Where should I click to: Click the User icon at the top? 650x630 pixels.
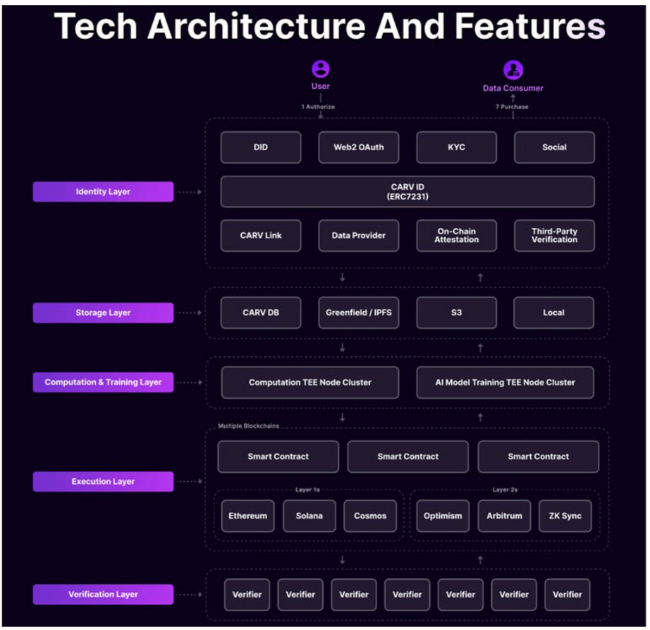click(x=321, y=69)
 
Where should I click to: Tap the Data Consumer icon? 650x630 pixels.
click(x=513, y=70)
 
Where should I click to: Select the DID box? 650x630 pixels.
click(x=261, y=147)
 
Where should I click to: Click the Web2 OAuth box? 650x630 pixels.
click(x=359, y=147)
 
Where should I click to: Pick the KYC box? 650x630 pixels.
click(x=456, y=147)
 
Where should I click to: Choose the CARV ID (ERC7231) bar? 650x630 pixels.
click(x=407, y=192)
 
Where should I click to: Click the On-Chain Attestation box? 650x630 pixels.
click(x=456, y=236)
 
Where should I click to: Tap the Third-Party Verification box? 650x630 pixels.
click(x=554, y=236)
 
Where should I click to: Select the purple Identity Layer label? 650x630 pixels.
click(x=103, y=192)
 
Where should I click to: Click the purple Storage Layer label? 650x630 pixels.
click(x=103, y=313)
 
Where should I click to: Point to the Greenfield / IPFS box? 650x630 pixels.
click(x=359, y=313)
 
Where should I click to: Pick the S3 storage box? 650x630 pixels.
click(x=456, y=313)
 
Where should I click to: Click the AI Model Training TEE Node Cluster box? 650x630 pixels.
click(x=505, y=382)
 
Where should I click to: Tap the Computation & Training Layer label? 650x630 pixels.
click(x=103, y=382)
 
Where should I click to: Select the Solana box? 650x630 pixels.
click(x=309, y=516)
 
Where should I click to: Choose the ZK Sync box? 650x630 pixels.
click(x=565, y=516)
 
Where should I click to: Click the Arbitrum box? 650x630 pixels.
click(x=504, y=516)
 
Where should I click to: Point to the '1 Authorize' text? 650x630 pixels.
click(x=318, y=107)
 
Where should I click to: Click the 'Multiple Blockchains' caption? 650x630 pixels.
click(x=248, y=426)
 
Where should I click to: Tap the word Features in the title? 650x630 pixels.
click(x=530, y=26)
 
